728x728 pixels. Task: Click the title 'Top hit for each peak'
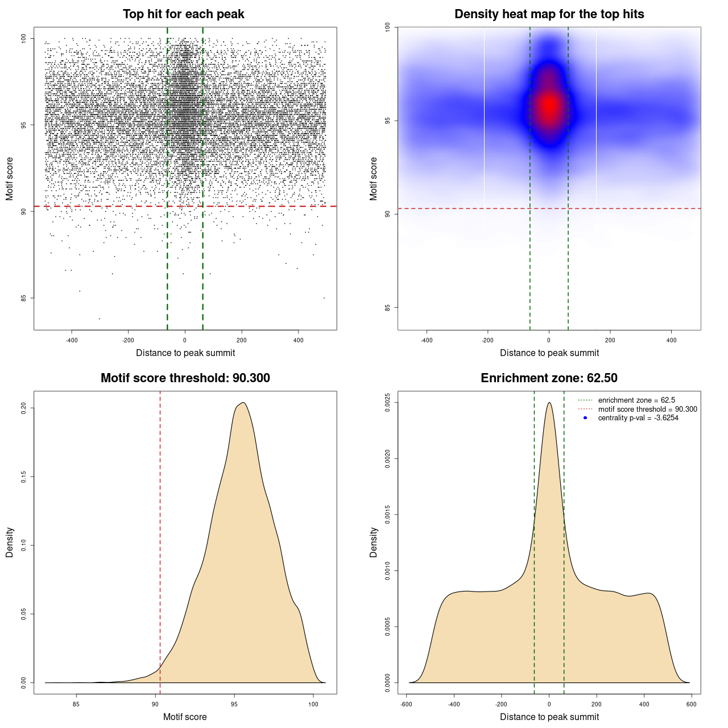pos(183,14)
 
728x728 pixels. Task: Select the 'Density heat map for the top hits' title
pos(549,14)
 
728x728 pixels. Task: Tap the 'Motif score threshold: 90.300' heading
pos(185,378)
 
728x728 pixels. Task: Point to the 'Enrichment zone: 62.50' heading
pos(549,378)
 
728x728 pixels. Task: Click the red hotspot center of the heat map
pos(549,105)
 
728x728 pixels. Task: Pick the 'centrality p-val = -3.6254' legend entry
pos(638,418)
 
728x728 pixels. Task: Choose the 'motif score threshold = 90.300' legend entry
pos(647,409)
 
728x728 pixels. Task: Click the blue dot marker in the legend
pos(585,418)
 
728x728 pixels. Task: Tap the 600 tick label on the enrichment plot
pos(691,704)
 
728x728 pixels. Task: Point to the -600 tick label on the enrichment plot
pos(406,704)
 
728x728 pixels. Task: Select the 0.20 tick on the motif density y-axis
pos(24,408)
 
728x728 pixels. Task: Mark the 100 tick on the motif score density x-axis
pos(313,704)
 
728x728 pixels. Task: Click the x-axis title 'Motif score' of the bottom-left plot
pos(185,717)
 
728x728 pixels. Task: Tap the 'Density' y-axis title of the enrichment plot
pos(374,542)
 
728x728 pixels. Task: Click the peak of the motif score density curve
pos(243,403)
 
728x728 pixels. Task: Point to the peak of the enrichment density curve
pos(549,403)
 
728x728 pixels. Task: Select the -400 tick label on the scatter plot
pos(72,340)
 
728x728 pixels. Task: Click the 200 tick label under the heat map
pos(610,340)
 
